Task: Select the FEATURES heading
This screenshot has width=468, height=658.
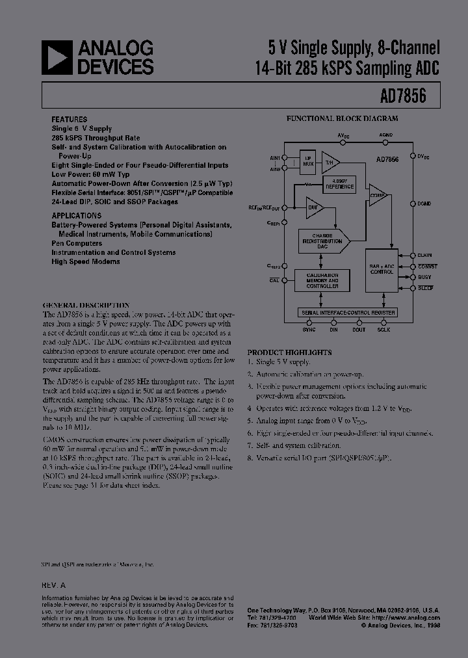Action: point(70,120)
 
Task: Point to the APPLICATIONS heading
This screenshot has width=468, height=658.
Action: point(76,215)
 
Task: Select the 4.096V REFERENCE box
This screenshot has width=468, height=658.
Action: point(339,185)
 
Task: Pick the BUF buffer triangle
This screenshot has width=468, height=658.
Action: point(314,208)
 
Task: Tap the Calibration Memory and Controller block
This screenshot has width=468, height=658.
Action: point(322,281)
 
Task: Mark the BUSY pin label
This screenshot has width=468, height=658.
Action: point(426,277)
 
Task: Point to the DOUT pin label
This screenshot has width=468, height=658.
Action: point(359,330)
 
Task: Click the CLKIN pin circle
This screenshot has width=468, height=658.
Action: point(413,256)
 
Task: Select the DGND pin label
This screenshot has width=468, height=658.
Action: point(424,204)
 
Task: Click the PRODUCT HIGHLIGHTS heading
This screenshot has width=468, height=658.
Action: point(289,352)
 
